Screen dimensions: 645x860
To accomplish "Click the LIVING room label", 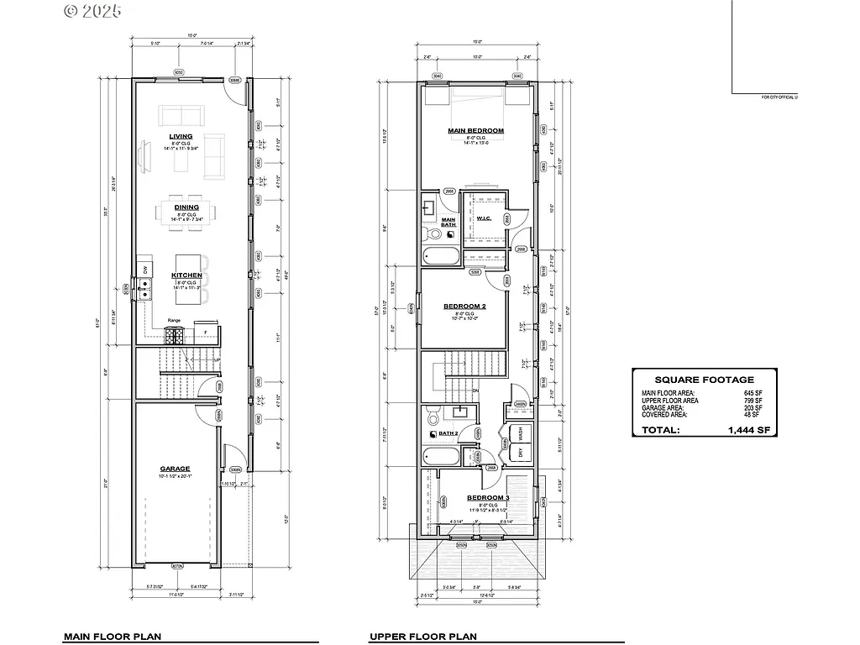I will point(181,136).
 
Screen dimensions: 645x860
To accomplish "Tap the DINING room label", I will point(186,207).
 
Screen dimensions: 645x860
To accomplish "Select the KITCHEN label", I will point(186,275).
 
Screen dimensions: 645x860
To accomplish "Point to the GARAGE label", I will point(176,469).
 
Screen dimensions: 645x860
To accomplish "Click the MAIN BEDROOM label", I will point(475,131).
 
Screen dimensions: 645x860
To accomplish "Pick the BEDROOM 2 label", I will point(464,306).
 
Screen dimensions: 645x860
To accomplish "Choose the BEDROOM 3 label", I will point(487,497).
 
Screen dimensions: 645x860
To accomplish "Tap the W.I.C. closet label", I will point(484,219).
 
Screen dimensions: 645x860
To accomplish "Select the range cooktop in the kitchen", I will point(175,335).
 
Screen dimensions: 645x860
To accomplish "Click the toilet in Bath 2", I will point(433,415).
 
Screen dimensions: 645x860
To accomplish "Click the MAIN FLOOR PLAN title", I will point(112,637).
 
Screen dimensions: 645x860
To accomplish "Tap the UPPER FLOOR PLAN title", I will point(422,637).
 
